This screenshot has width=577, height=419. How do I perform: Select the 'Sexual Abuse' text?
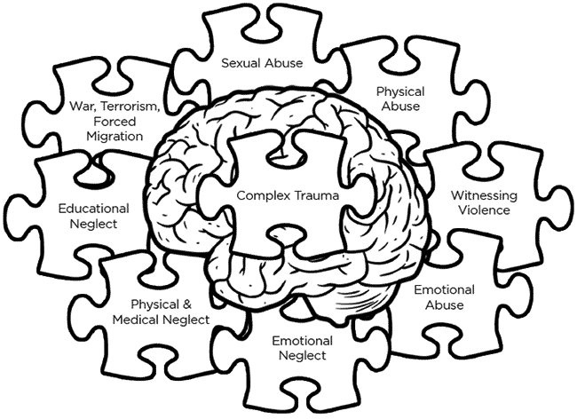tap(262, 63)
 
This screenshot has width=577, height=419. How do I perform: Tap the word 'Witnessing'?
tap(479, 195)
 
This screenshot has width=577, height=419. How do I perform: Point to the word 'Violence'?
tap(480, 210)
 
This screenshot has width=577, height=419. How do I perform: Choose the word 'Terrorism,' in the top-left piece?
tap(127, 107)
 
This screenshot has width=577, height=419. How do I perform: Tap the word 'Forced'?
tap(109, 122)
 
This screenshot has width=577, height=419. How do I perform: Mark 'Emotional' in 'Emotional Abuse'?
tap(444, 290)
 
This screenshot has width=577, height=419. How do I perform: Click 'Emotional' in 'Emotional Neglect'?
tap(302, 341)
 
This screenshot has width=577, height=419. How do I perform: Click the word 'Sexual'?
tap(241, 63)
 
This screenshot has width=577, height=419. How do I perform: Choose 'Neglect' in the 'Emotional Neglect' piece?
tap(302, 356)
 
